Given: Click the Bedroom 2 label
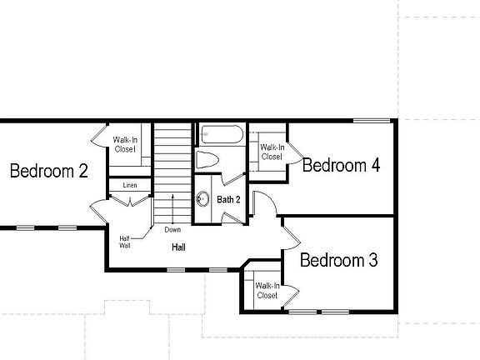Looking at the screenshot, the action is (x=49, y=171).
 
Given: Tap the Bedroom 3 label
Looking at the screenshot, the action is (x=339, y=260).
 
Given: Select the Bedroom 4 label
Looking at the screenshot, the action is (x=341, y=165).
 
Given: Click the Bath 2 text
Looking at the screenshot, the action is (x=228, y=200).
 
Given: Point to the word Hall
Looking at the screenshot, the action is (x=178, y=247).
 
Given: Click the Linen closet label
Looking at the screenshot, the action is (x=130, y=185).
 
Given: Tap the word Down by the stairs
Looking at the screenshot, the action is (x=172, y=230).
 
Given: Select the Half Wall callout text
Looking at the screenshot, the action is (x=125, y=242).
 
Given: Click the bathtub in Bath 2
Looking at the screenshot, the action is (x=222, y=134).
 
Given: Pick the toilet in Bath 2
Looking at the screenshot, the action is (x=207, y=159).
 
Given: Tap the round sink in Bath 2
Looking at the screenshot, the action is (x=202, y=199).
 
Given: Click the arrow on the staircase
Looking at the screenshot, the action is (x=172, y=209).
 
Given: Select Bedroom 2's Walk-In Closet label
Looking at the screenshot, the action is (x=125, y=144).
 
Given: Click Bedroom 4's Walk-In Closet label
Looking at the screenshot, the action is (x=272, y=152).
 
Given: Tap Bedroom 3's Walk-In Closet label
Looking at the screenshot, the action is (x=267, y=291).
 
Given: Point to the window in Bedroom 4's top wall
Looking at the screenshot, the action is (x=372, y=121).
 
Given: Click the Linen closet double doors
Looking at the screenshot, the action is (x=130, y=202).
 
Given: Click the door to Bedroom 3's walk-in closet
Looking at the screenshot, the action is (x=291, y=296).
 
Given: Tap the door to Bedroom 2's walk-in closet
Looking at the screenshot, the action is (x=99, y=136).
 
